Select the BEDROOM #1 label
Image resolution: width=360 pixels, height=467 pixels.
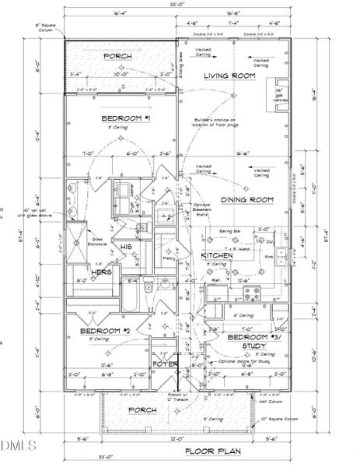pos(124,118)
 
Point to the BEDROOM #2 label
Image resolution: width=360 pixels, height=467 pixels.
pos(103,331)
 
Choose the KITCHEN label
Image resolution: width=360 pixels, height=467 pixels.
pos(218,255)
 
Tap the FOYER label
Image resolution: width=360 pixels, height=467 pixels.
pos(165,363)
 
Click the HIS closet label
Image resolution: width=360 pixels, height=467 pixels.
pos(126,247)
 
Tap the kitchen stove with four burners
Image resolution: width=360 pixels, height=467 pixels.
pos(253,293)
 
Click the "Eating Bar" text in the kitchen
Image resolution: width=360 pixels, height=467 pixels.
pos(229,231)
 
